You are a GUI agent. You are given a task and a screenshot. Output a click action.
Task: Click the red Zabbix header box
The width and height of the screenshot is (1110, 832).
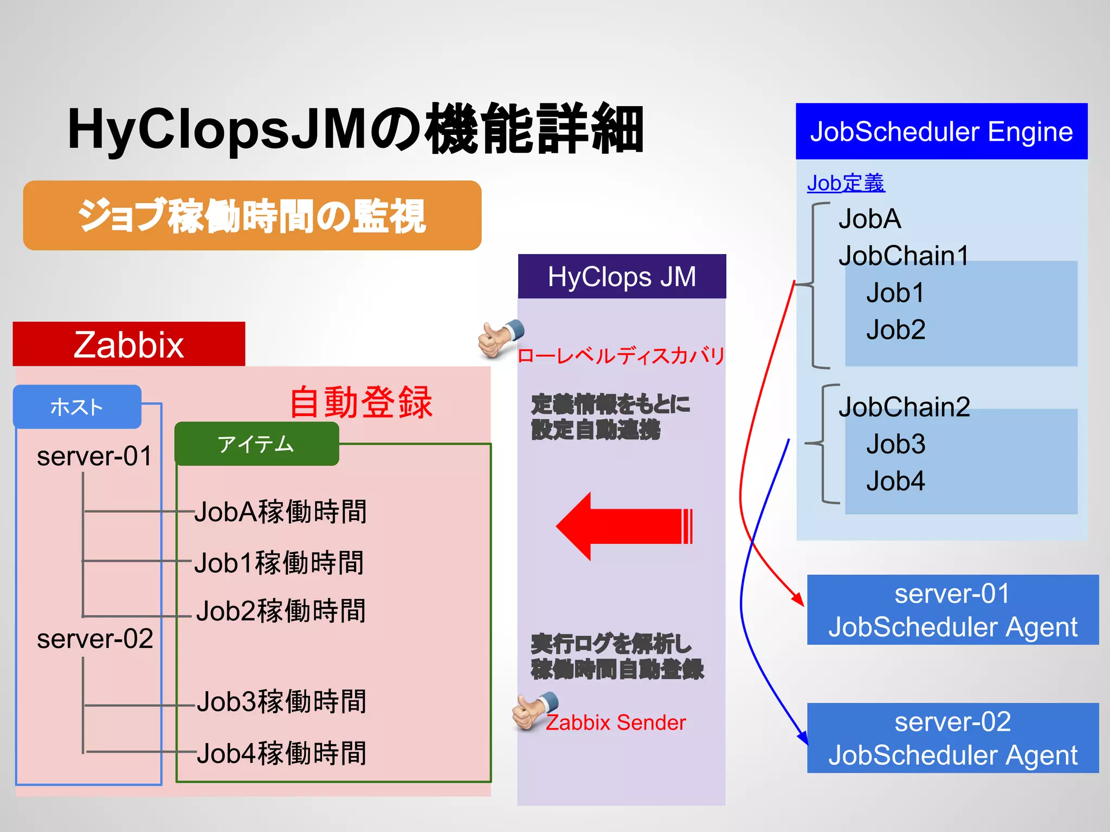[x=129, y=344]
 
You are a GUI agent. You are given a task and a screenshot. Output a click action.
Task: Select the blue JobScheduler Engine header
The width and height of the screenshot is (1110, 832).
[x=941, y=132]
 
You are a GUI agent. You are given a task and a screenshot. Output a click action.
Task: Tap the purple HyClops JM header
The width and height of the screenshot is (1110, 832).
[x=622, y=277]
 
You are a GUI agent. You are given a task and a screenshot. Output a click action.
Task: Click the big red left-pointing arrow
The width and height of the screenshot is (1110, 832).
[x=623, y=526]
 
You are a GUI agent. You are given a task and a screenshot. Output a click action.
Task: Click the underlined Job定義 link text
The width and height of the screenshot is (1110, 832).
[x=846, y=183]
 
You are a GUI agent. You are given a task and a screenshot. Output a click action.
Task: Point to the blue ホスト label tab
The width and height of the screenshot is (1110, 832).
[x=77, y=407]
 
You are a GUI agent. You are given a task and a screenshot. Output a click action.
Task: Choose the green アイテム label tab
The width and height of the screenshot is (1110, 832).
[x=256, y=444]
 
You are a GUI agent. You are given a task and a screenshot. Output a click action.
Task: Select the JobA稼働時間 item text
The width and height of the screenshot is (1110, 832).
[x=281, y=512]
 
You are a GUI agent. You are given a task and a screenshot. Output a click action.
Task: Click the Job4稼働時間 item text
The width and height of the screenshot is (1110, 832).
[x=281, y=753]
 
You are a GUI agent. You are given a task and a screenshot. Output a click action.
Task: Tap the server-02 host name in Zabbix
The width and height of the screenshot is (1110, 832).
[x=95, y=639]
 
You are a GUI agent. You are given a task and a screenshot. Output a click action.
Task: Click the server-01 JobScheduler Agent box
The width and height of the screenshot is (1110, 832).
[x=952, y=610]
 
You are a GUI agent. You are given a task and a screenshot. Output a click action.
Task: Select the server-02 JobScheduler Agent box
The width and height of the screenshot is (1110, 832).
[x=952, y=738]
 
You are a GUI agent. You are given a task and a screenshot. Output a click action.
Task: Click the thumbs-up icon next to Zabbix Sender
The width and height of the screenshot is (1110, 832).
[x=534, y=711]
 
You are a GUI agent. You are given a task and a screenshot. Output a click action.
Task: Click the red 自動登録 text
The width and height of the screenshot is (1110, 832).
[x=361, y=402]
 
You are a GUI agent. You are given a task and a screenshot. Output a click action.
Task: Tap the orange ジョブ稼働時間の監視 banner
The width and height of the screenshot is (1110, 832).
[x=252, y=216]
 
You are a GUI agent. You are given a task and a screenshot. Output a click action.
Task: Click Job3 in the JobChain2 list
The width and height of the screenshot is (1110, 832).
[x=895, y=444]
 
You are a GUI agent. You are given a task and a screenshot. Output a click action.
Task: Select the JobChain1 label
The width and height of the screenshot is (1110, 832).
[x=904, y=256]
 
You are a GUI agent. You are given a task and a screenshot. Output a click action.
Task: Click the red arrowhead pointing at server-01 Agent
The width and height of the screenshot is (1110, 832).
[x=798, y=600]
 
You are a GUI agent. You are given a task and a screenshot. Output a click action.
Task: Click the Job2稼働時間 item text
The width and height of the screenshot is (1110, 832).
[x=281, y=611]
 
